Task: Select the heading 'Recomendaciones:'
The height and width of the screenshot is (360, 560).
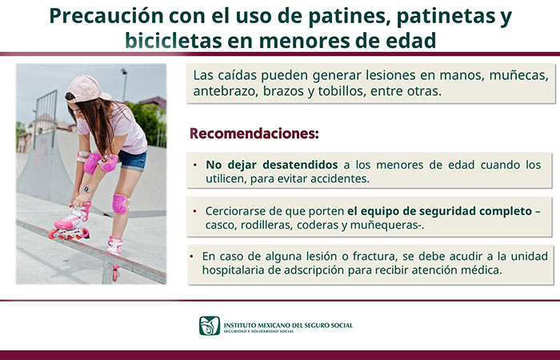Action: pos(254,134)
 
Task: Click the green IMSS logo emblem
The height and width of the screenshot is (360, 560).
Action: pos(210,326)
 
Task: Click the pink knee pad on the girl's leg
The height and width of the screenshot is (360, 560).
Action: pos(120,203)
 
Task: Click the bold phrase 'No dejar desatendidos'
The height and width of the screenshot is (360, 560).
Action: pos(272,165)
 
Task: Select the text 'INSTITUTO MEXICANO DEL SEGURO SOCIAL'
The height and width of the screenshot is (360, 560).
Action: pos(288,326)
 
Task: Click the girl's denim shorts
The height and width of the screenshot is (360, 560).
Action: pos(133,160)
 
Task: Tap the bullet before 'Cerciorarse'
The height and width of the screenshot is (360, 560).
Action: pos(194,211)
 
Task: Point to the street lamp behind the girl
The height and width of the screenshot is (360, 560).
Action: pos(124,85)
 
